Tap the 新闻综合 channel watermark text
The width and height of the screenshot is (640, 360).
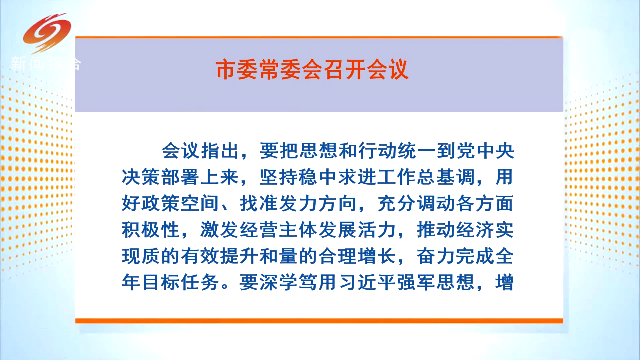45,64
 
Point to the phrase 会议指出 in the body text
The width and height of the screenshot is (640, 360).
201,151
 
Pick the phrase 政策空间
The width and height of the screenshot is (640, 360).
180,203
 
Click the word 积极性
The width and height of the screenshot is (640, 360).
151,230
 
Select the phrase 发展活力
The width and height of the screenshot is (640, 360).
357,230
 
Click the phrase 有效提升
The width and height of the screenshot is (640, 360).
220,256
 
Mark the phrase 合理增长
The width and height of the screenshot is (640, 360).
357,256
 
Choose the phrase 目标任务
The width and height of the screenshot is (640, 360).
180,282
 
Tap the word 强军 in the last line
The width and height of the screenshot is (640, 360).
416,282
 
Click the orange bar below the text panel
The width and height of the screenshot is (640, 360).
319,321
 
